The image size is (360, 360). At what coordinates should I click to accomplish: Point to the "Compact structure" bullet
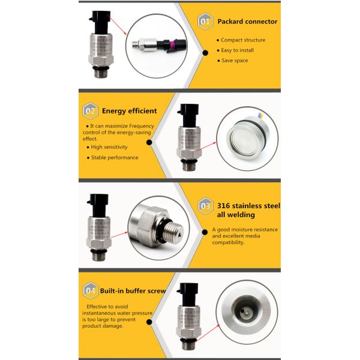click(243, 40)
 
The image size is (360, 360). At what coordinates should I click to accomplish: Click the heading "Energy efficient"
click(129, 110)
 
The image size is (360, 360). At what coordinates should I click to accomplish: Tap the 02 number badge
click(91, 111)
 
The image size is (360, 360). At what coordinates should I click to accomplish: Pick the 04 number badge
click(91, 291)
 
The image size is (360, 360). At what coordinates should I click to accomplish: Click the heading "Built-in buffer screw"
click(133, 290)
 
